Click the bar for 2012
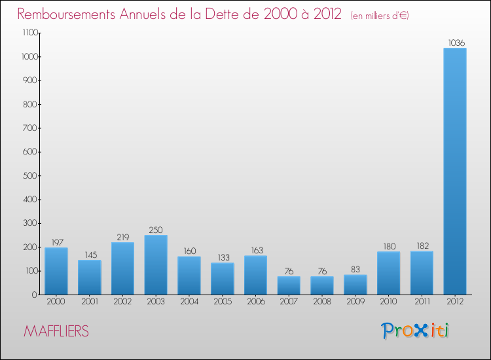click(x=455, y=171)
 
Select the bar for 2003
click(x=156, y=264)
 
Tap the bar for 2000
click(x=56, y=271)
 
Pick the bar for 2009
click(x=355, y=284)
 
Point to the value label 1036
click(x=456, y=43)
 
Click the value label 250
click(x=156, y=230)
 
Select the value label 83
click(x=355, y=269)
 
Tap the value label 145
click(x=90, y=255)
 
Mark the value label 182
click(x=422, y=245)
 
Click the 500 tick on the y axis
click(x=29, y=175)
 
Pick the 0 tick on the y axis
click(x=34, y=295)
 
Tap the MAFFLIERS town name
click(x=56, y=331)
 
